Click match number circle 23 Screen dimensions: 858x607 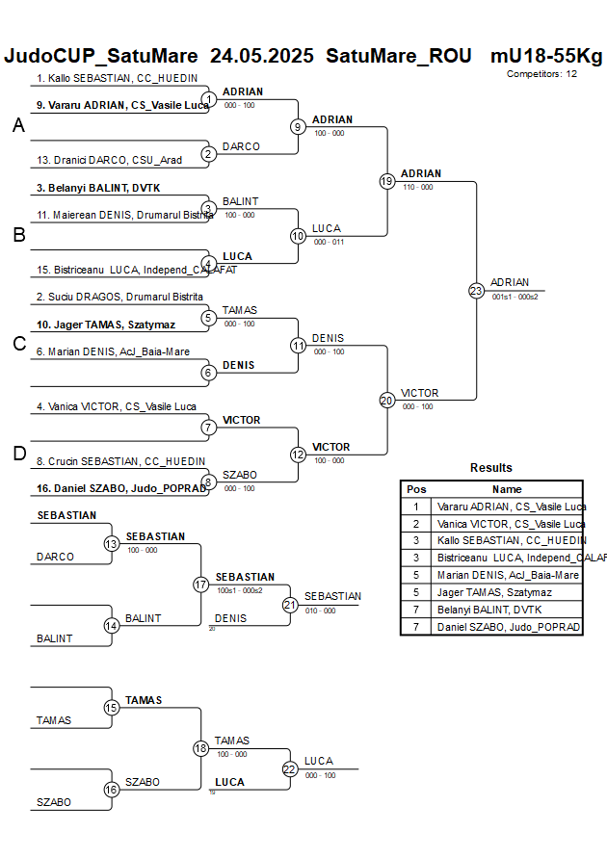coord(476,291)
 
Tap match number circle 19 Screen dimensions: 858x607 coord(387,181)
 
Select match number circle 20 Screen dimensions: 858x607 coord(387,400)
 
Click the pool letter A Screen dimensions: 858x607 coord(18,126)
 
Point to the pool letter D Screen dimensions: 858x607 coord(18,454)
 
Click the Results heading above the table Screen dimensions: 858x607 coord(491,468)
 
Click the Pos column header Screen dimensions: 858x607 coord(416,489)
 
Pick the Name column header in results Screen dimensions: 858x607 coord(507,489)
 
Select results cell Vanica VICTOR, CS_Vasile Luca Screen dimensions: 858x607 coord(511,524)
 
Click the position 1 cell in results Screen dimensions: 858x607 coord(416,507)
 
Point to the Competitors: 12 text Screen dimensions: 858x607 coord(541,73)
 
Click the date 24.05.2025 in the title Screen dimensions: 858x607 coord(262,56)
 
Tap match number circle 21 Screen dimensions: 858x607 coord(290,605)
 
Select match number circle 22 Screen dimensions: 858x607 coord(290,768)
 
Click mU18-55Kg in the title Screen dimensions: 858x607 coord(545,56)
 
